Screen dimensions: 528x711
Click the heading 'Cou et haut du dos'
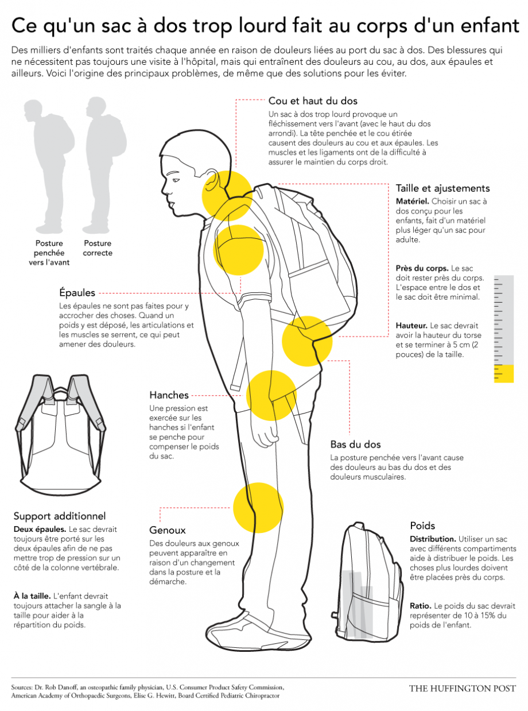[x=313, y=101]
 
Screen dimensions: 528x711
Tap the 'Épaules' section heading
[x=77, y=293]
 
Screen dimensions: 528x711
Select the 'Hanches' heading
[x=169, y=395]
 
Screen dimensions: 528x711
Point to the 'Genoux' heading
[x=167, y=530]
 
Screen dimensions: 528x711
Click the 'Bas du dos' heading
[x=355, y=445]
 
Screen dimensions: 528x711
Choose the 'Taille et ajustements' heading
[x=443, y=188]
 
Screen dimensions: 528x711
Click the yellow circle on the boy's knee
[x=258, y=508]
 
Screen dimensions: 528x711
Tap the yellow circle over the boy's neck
[x=227, y=195]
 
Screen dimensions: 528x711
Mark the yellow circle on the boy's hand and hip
[x=271, y=396]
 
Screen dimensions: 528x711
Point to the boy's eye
[x=176, y=180]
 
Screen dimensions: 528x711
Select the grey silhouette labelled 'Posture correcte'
[x=103, y=165]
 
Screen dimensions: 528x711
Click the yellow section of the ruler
[x=504, y=373]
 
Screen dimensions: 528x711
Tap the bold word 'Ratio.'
[x=420, y=606]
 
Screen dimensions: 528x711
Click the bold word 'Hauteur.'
[x=411, y=326]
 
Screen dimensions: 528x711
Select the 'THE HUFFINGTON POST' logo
[x=463, y=689]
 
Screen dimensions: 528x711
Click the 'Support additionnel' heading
[x=60, y=516]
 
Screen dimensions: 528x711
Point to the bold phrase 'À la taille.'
[x=32, y=596]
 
